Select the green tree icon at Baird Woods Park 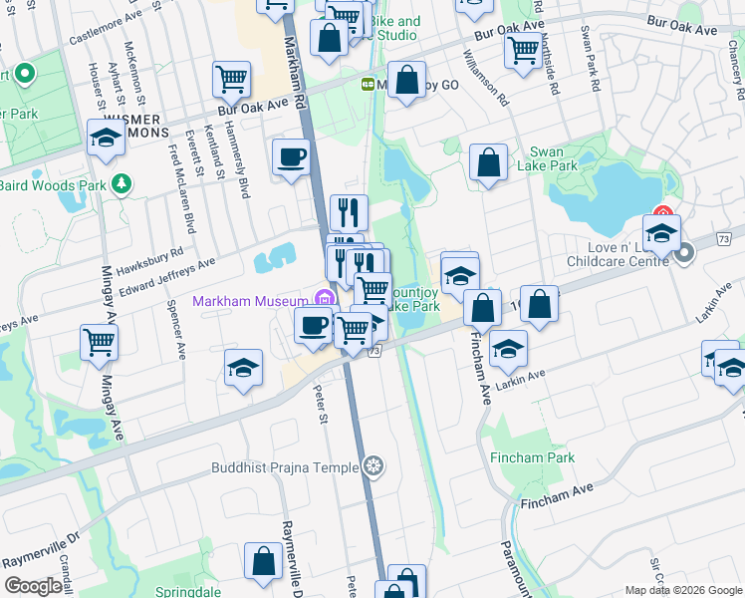[x=123, y=184]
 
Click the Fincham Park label [x=532, y=457]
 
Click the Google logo [x=33, y=586]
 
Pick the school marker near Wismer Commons [x=106, y=140]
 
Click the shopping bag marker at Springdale [x=265, y=562]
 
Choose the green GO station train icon [x=368, y=86]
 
